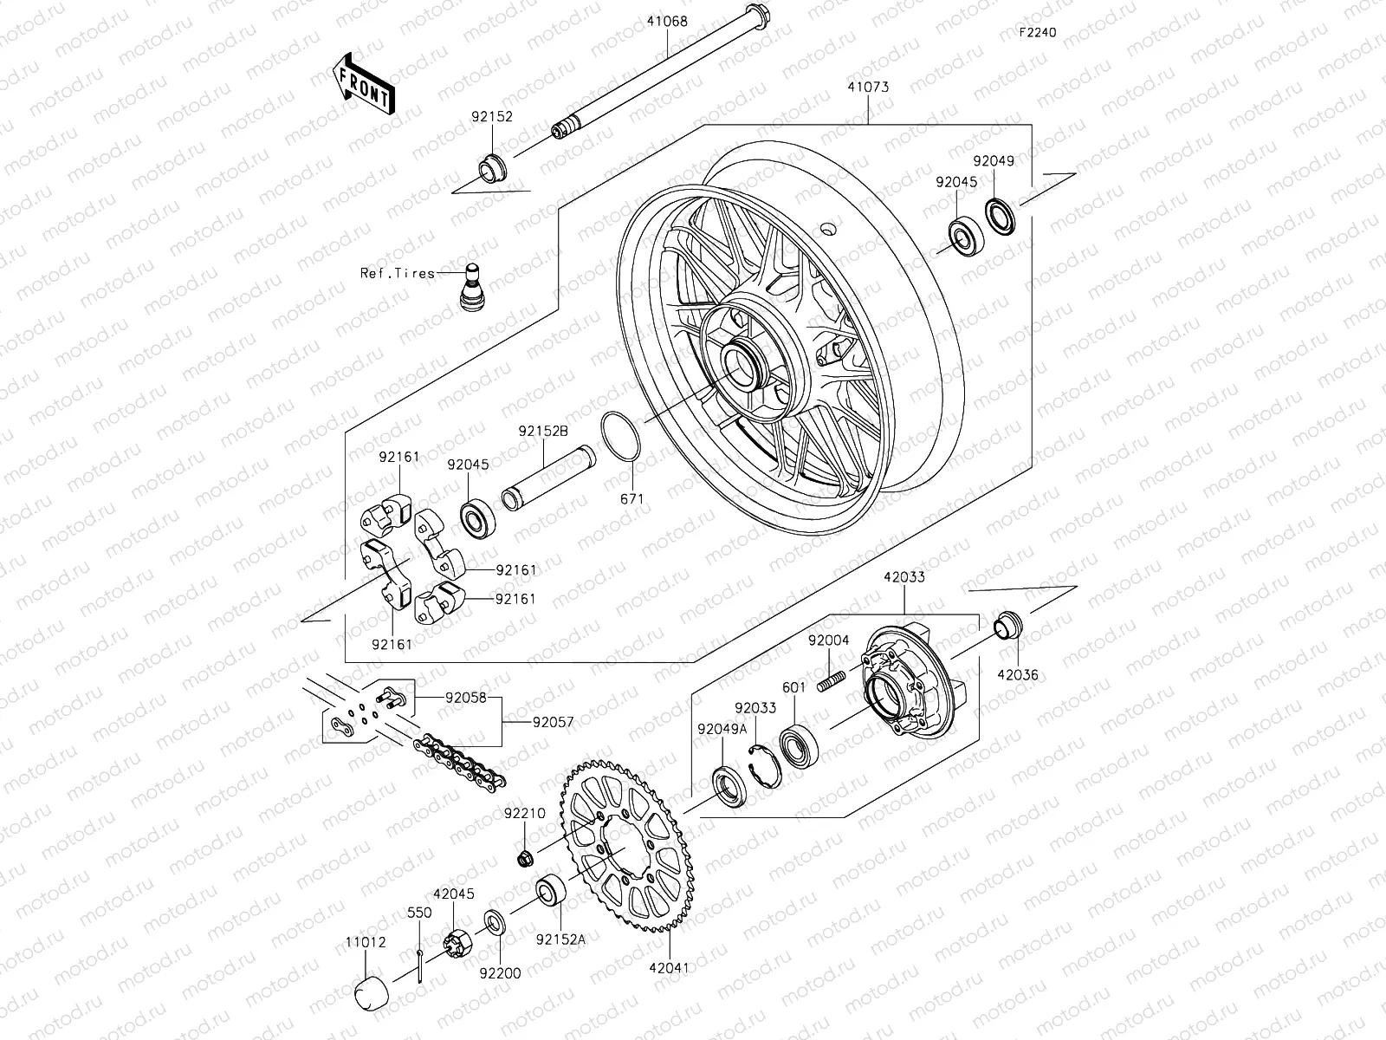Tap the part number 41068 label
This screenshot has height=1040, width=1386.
(x=666, y=22)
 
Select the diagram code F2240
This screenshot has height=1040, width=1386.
(x=1037, y=32)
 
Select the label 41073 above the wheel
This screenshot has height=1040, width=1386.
(x=868, y=88)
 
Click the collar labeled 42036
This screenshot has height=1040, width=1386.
(x=1007, y=624)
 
